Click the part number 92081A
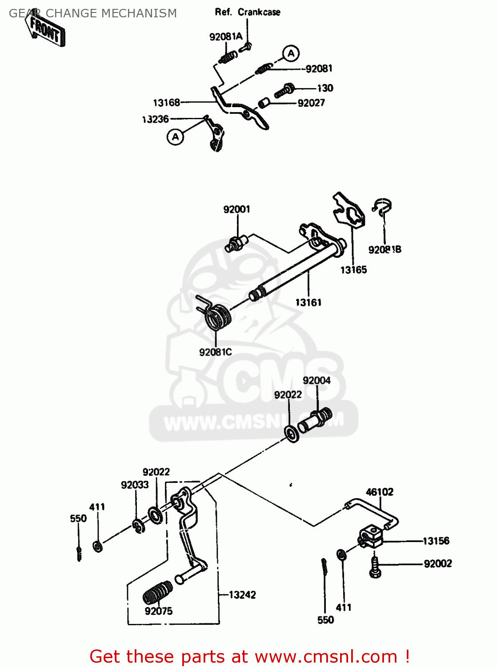(226, 37)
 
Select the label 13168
(166, 103)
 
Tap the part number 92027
(311, 103)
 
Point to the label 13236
(156, 119)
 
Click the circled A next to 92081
(291, 54)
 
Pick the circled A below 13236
(176, 137)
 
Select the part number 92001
(236, 209)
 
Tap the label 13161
(309, 303)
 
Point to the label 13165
(354, 270)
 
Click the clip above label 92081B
(382, 207)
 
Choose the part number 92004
(317, 381)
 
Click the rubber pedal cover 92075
(158, 593)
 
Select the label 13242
(242, 595)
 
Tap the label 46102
(380, 492)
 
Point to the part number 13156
(436, 541)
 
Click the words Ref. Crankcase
(248, 12)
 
